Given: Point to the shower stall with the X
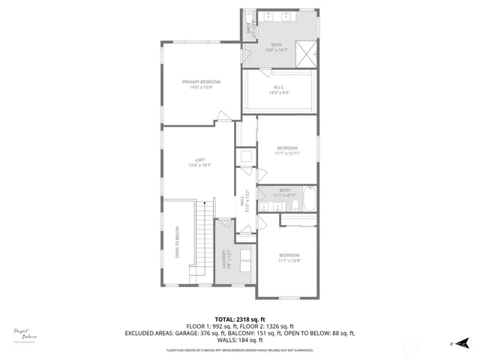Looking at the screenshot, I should (304, 52).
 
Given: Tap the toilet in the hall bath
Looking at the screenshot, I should (293, 205).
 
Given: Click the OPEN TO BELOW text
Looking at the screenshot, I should (178, 241).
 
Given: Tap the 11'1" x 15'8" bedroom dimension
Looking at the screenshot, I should (289, 261).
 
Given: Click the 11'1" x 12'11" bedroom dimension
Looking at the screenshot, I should (287, 153).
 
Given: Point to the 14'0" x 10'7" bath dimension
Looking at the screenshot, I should (277, 51).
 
